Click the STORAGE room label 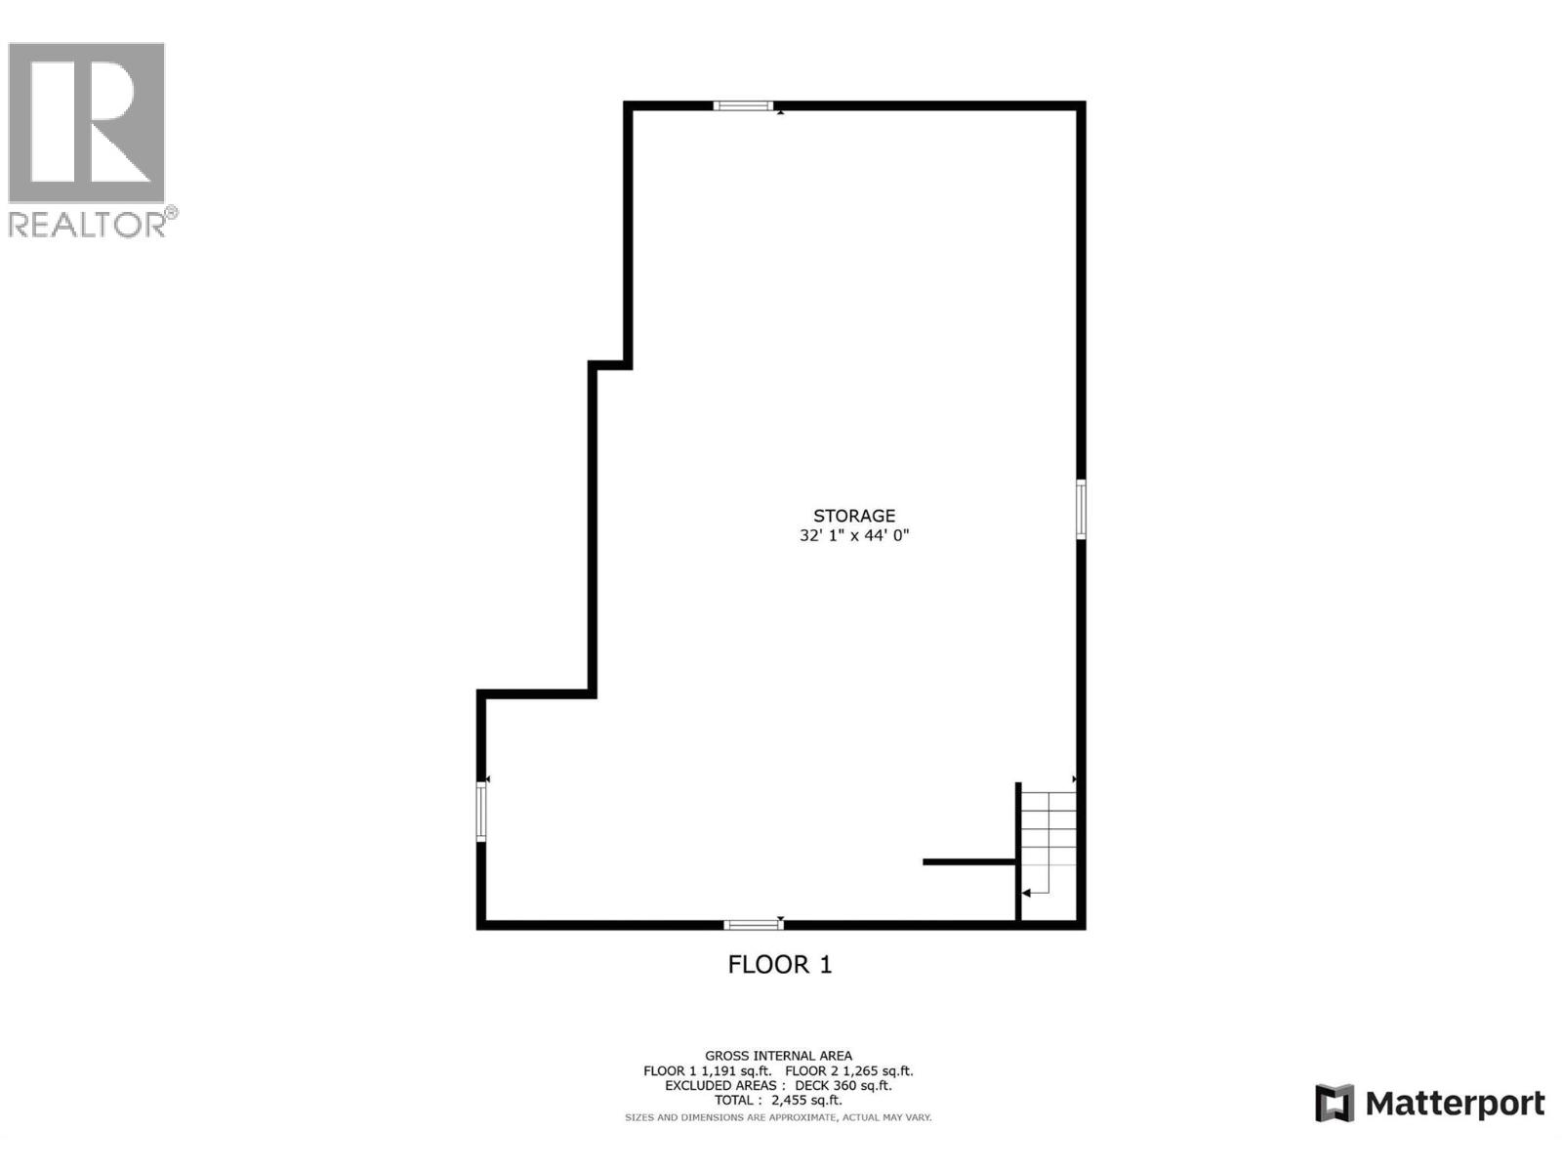pyautogui.click(x=854, y=516)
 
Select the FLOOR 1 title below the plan pyautogui.click(x=780, y=965)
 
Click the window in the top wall pyautogui.click(x=743, y=105)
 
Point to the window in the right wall pyautogui.click(x=1081, y=508)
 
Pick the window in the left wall pyautogui.click(x=481, y=811)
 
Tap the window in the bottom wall pyautogui.click(x=753, y=924)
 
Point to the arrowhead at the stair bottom pyautogui.click(x=1026, y=893)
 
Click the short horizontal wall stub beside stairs pyautogui.click(x=969, y=861)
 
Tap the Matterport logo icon pyautogui.click(x=1335, y=1104)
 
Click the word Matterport pyautogui.click(x=1455, y=1104)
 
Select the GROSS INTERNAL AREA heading pyautogui.click(x=778, y=1055)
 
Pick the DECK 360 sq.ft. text pyautogui.click(x=843, y=1085)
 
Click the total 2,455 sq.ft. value pyautogui.click(x=806, y=1100)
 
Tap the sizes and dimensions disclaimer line pyautogui.click(x=778, y=1116)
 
